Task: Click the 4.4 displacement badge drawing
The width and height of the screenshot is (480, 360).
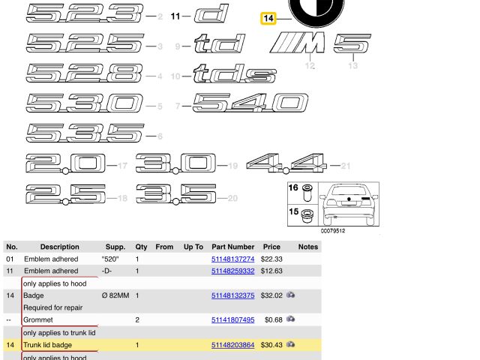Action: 286,162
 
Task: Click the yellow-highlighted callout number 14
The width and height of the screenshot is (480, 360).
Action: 268,18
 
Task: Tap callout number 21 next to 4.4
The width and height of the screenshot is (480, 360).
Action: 345,166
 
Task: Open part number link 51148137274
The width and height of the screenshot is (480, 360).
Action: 232,259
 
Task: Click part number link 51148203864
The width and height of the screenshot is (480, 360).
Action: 232,345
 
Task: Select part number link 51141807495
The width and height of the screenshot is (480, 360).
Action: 232,320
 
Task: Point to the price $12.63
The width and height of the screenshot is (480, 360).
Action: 271,271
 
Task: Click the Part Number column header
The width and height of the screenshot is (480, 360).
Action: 232,247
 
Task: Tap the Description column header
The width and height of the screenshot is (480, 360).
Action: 59,247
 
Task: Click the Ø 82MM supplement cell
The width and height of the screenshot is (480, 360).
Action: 115,295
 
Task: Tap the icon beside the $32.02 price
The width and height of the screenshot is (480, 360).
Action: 290,295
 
